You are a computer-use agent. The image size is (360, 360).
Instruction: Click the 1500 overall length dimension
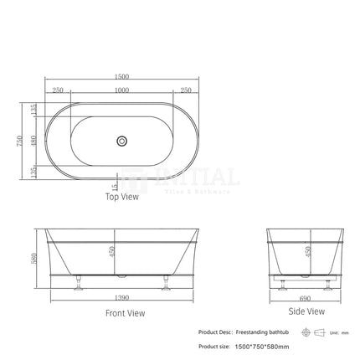122,78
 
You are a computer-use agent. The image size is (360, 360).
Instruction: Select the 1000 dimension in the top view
122,90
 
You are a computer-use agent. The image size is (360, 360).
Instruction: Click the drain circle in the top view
122,142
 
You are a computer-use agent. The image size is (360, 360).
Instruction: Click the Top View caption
122,198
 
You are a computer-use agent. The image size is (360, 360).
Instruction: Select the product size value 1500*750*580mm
260,346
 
